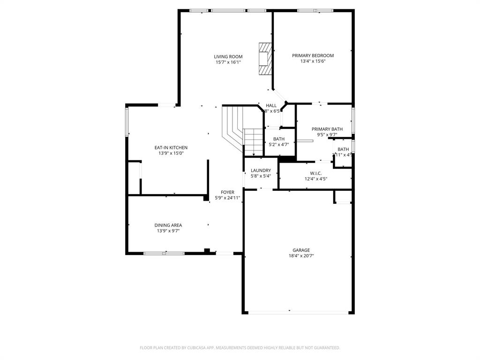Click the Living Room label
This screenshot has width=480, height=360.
228,57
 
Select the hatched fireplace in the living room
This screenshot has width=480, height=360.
266,59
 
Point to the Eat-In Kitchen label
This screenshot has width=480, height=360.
171,148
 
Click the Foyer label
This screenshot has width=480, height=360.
228,192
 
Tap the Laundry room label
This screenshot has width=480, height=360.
261,171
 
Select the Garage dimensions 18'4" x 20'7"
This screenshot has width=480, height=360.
301,256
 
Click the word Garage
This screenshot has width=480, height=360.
301,250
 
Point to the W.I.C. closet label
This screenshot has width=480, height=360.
315,173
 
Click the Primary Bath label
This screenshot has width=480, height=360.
327,129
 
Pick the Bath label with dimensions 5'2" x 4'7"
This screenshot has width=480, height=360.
279,139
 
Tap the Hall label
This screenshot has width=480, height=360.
271,105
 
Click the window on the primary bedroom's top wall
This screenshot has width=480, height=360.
315,10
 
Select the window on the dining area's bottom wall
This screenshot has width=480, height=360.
164,253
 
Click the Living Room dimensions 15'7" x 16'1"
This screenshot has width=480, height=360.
228,62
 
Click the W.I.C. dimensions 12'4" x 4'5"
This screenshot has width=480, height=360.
315,179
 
